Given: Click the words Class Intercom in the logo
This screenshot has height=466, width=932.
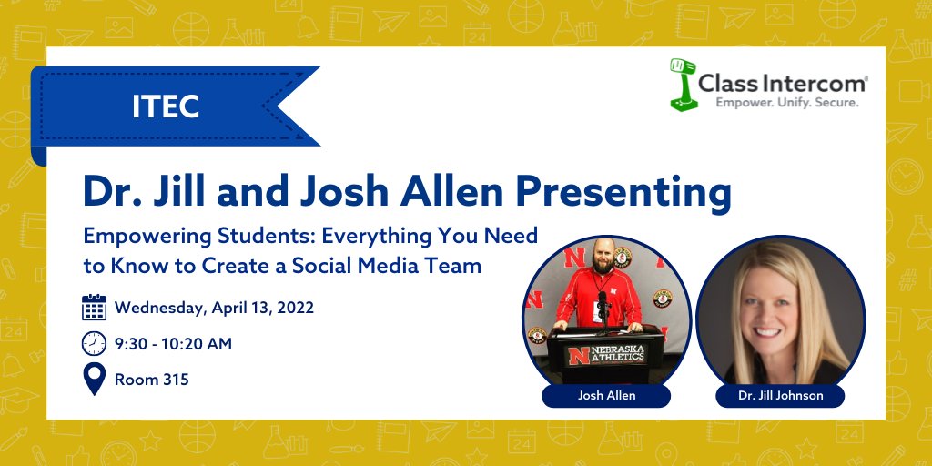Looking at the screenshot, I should click(782, 85).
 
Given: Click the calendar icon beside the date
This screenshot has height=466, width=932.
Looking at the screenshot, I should click(94, 308).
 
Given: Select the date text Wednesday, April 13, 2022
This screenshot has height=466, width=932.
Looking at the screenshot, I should click(214, 308).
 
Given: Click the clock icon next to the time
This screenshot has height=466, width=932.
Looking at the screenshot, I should click(94, 343).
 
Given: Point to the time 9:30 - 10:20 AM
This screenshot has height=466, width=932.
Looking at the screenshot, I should click(173, 344).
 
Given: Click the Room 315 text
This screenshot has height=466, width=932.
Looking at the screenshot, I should click(152, 380).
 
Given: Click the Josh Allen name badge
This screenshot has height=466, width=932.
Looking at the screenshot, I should click(606, 396).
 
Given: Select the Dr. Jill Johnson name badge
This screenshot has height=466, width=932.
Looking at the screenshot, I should click(780, 396).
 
